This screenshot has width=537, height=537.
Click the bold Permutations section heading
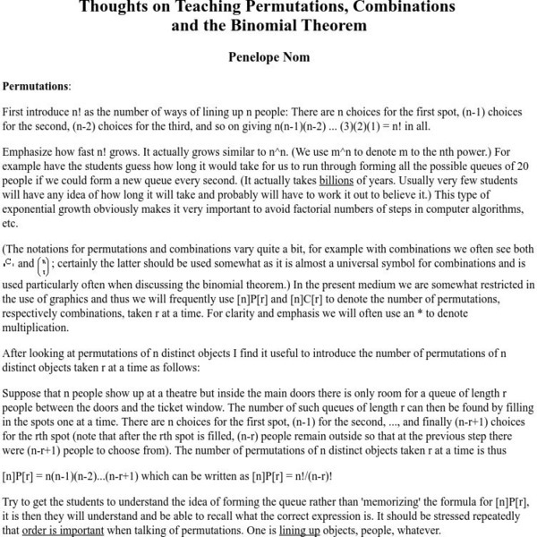[x=36, y=87]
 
